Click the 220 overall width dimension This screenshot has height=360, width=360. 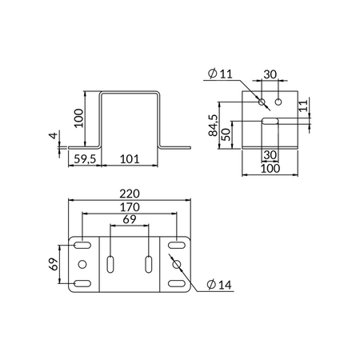pyautogui.click(x=130, y=194)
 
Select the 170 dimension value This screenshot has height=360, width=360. pyautogui.click(x=130, y=207)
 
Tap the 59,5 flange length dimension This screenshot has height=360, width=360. pyautogui.click(x=85, y=159)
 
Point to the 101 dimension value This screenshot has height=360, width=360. pyautogui.click(x=130, y=159)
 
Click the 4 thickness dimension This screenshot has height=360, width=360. pyautogui.click(x=54, y=135)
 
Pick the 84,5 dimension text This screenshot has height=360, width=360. pyautogui.click(x=214, y=126)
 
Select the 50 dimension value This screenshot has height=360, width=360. pyautogui.click(x=226, y=134)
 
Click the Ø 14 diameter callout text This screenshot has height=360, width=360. pyautogui.click(x=219, y=285)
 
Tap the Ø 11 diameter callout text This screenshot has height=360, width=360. pyautogui.click(x=220, y=74)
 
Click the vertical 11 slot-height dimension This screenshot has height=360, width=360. pyautogui.click(x=303, y=105)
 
